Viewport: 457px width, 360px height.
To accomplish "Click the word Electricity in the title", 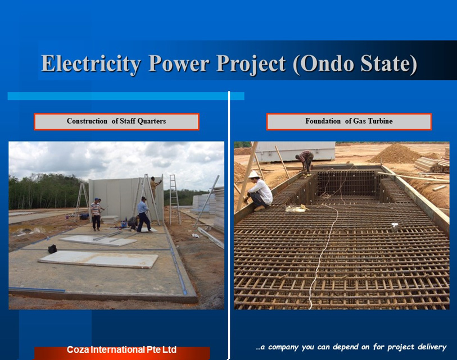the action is [x=91, y=64].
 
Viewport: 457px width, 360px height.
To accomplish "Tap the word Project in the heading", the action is [x=251, y=65].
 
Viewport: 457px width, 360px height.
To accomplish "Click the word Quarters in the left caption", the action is [x=151, y=121].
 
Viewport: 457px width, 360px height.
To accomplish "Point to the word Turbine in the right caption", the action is [x=380, y=121].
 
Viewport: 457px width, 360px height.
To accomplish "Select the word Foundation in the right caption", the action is [x=323, y=121].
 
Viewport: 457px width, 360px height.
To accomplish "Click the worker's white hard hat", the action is [x=254, y=175].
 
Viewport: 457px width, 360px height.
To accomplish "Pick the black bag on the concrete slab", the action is [x=52, y=249].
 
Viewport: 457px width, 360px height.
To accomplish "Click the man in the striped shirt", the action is [x=96, y=215].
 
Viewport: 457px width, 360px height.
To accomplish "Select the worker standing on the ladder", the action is [x=154, y=189].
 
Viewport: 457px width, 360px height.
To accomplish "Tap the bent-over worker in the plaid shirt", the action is [x=305, y=162].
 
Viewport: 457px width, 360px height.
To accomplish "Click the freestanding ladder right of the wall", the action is [x=174, y=199].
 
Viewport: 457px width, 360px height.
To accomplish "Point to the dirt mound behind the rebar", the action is [x=396, y=153].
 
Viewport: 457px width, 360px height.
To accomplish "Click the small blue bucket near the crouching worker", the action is [x=124, y=224].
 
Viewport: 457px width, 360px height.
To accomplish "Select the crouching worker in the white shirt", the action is [x=259, y=192].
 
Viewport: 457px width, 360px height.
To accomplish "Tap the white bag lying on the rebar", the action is [x=296, y=208].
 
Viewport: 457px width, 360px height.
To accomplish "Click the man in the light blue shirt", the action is [x=144, y=215].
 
